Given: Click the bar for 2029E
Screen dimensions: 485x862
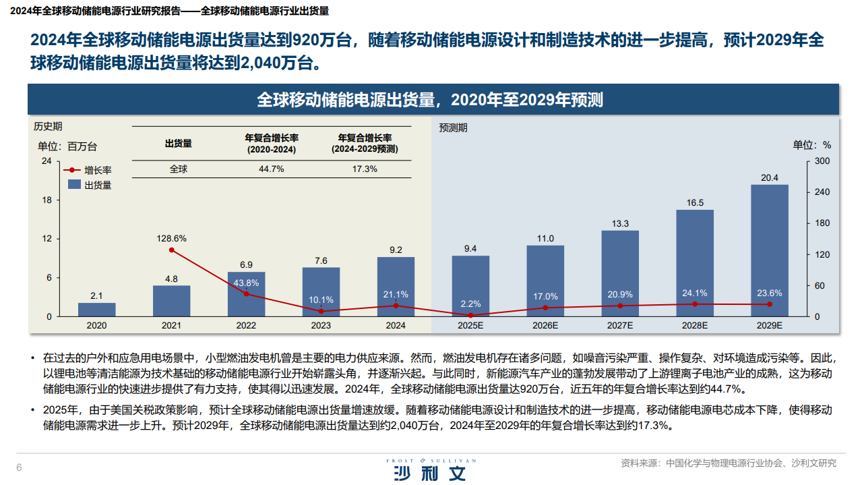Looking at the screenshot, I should pyautogui.click(x=769, y=250).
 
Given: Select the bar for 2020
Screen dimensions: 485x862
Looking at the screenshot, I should pyautogui.click(x=96, y=310).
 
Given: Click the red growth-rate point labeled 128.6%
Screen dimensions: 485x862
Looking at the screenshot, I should pyautogui.click(x=171, y=250).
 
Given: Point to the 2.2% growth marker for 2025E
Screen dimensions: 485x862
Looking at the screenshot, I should pyautogui.click(x=470, y=315).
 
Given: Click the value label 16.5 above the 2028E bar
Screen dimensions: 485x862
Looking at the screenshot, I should pyautogui.click(x=695, y=202).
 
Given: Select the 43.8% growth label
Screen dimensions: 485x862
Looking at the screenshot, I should pyautogui.click(x=246, y=283).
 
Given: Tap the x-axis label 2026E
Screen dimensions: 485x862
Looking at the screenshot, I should pyautogui.click(x=545, y=325).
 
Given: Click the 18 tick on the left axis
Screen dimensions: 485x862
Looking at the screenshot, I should pyautogui.click(x=47, y=200).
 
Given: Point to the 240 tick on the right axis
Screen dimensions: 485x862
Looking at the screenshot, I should pyautogui.click(x=822, y=192).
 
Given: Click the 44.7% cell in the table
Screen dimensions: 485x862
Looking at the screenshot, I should pyautogui.click(x=271, y=169).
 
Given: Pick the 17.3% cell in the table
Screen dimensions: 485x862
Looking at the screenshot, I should pyautogui.click(x=365, y=169).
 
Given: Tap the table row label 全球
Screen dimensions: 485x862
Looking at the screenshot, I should pyautogui.click(x=179, y=169).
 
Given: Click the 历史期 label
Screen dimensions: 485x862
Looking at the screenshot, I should pyautogui.click(x=48, y=126).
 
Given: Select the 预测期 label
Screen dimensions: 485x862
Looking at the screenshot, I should pyautogui.click(x=453, y=127).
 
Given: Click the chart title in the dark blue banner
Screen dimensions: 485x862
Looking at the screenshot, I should pyautogui.click(x=430, y=100).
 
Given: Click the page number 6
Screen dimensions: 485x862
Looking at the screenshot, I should pyautogui.click(x=19, y=468).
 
